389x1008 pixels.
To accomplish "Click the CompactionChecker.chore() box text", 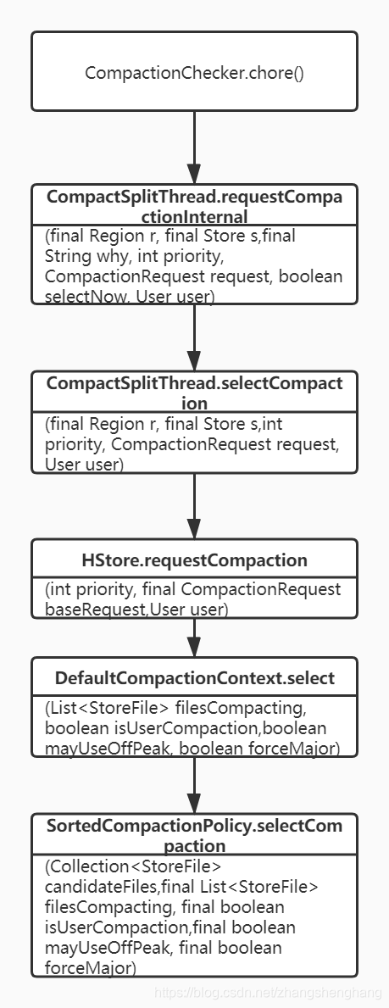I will [194, 73].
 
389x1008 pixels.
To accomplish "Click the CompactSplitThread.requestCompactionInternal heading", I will [194, 204].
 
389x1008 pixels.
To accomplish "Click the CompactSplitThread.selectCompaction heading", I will [194, 391].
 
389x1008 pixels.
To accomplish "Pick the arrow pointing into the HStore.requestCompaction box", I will [194, 507].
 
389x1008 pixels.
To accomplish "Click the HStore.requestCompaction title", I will [194, 560].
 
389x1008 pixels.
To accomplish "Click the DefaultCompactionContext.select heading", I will [194, 677].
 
